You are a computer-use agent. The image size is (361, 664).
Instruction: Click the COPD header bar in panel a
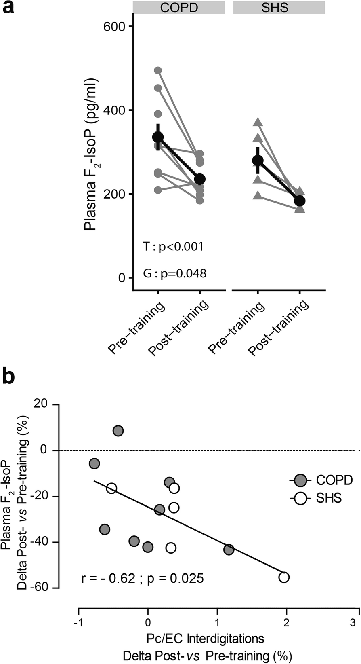click(178, 7)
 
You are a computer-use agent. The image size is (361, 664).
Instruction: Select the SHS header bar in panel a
click(279, 7)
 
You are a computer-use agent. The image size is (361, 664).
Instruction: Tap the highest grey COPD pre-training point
click(158, 70)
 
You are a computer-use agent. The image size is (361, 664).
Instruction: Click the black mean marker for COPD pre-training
click(158, 137)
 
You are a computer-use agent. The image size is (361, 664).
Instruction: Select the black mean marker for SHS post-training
click(300, 201)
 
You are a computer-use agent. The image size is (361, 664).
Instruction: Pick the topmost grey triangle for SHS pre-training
click(258, 123)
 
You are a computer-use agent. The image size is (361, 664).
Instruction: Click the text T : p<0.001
click(173, 246)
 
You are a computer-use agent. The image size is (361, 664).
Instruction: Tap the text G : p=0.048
click(175, 274)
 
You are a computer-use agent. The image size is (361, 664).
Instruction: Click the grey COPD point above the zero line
click(118, 431)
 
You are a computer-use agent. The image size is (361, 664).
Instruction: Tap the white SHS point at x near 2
click(284, 577)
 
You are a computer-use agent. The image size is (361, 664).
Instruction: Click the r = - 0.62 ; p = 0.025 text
click(143, 579)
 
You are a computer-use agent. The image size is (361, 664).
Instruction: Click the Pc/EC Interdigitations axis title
click(205, 639)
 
